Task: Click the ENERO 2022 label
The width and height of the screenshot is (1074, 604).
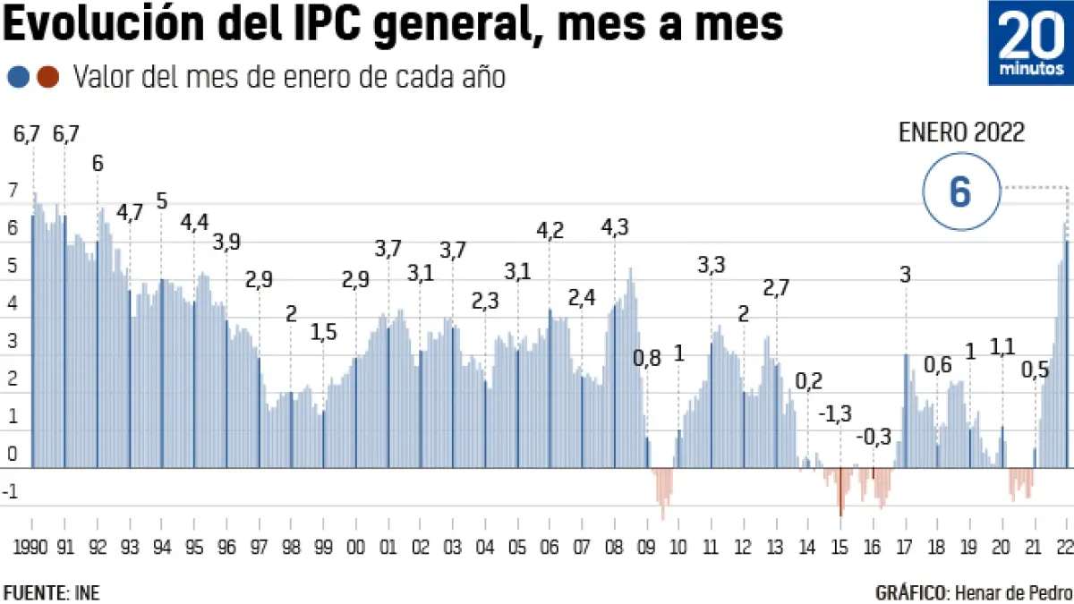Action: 961,133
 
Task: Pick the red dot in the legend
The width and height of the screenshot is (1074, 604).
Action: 48,78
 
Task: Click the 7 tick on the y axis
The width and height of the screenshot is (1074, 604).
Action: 12,191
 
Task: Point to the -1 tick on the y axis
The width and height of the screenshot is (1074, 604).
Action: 10,492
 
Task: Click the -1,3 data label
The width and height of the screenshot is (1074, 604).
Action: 835,414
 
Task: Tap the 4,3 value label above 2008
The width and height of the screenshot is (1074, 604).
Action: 614,228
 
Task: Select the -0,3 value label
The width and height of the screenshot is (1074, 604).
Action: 874,438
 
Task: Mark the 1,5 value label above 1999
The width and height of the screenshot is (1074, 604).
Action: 324,333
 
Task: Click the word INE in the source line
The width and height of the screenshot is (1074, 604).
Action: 88,592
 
